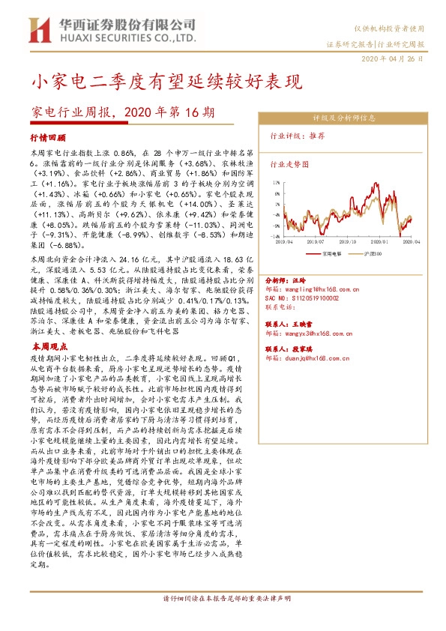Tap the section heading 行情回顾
pyautogui.click(x=48, y=139)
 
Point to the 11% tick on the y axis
pyautogui.click(x=277, y=181)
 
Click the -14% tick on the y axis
pyautogui.click(x=275, y=236)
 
